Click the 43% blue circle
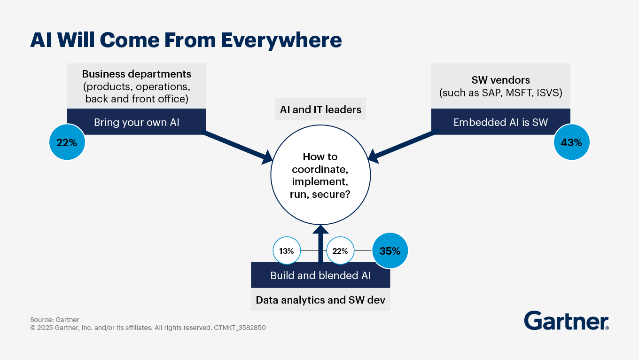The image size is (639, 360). pyautogui.click(x=571, y=142)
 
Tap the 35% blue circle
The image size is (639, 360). pyautogui.click(x=390, y=251)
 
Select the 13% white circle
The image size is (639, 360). pyautogui.click(x=286, y=251)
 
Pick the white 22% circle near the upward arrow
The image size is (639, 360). pyautogui.click(x=340, y=251)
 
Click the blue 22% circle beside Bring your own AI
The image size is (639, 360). pyautogui.click(x=67, y=142)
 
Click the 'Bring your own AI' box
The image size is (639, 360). pyautogui.click(x=136, y=122)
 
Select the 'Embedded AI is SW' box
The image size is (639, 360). pyautogui.click(x=500, y=122)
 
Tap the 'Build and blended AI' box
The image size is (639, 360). pyautogui.click(x=320, y=275)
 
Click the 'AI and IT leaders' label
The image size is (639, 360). pyautogui.click(x=320, y=110)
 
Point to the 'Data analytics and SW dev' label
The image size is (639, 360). pyautogui.click(x=320, y=300)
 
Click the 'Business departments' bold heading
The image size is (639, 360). pyautogui.click(x=136, y=74)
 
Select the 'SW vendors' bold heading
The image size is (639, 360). pyautogui.click(x=500, y=80)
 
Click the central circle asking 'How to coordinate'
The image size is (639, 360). pyautogui.click(x=320, y=175)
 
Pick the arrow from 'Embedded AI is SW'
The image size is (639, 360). pyautogui.click(x=404, y=147)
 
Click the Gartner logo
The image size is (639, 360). pyautogui.click(x=566, y=321)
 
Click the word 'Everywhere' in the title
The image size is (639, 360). pyautogui.click(x=281, y=40)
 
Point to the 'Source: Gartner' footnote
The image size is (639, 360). pyautogui.click(x=55, y=320)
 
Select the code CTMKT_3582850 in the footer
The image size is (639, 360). pyautogui.click(x=240, y=328)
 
